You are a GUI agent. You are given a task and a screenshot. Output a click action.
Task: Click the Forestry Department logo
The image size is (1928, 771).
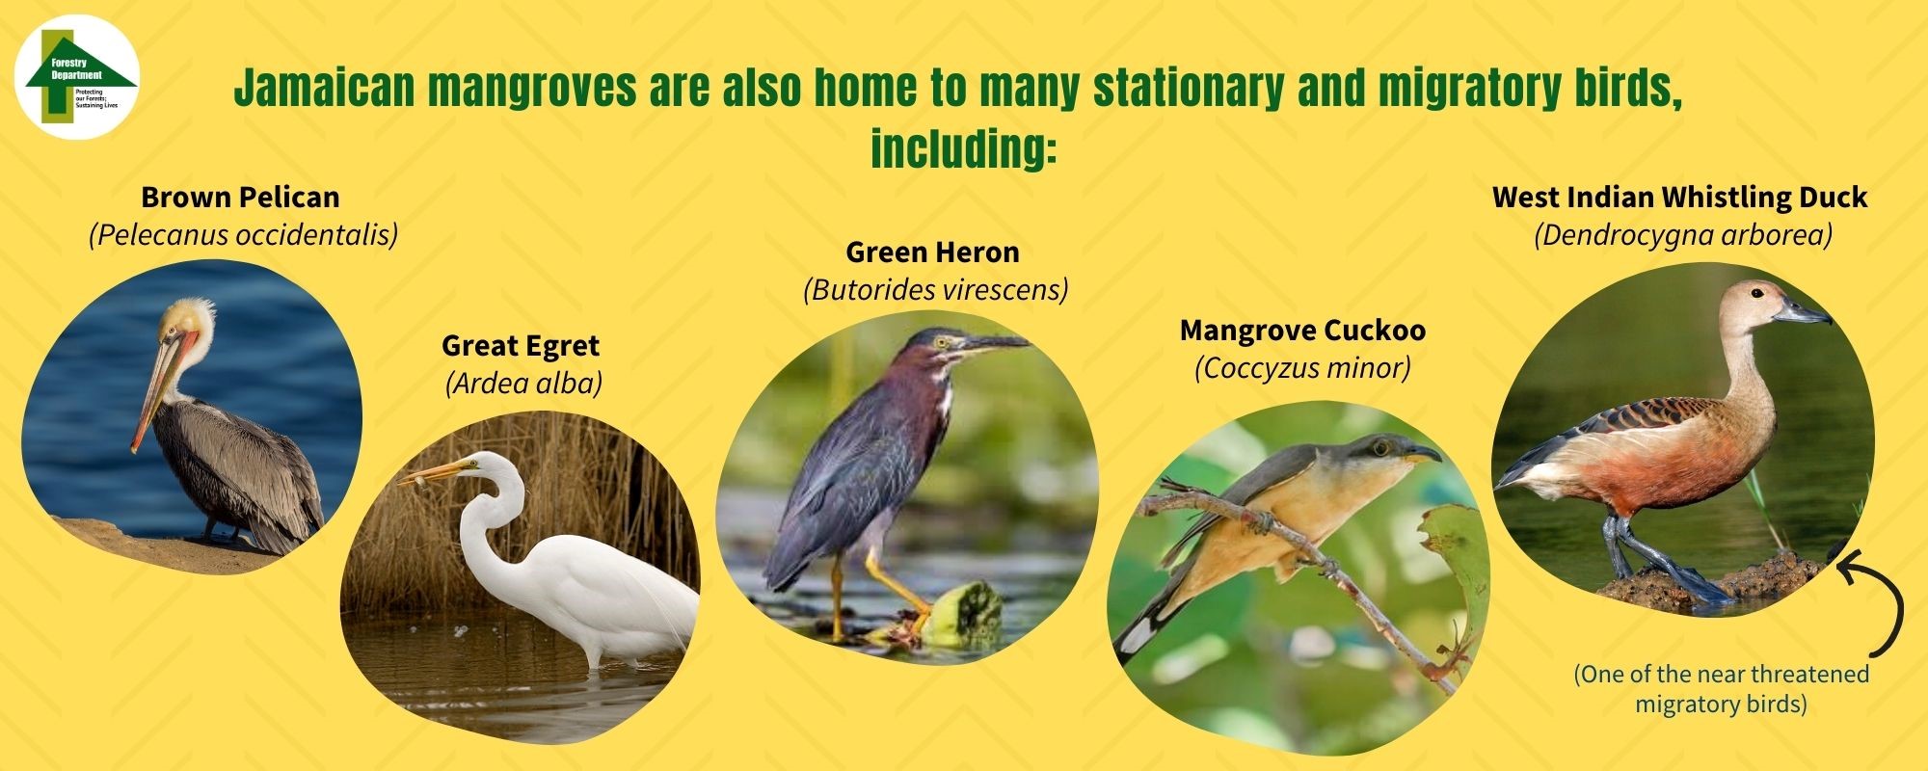[77, 77]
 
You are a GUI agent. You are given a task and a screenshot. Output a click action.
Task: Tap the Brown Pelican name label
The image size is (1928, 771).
[240, 198]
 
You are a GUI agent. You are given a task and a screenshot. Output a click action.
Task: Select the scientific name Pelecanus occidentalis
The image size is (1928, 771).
[243, 235]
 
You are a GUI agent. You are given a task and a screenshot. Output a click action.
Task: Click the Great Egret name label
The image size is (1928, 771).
[521, 346]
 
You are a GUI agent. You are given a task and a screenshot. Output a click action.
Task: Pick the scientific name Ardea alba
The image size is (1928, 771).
[523, 384]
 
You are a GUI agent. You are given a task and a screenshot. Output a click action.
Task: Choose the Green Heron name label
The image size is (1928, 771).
[932, 253]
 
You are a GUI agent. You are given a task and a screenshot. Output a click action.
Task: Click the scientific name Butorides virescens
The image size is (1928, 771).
[935, 290]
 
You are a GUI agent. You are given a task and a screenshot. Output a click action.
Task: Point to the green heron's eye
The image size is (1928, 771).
[942, 341]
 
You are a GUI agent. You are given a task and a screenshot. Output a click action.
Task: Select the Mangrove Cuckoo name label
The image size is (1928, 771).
[1302, 331]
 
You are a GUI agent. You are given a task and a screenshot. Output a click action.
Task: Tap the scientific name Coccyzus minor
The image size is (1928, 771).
[1302, 368]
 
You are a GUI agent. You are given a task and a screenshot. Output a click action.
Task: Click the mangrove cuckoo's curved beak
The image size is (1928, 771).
[1426, 451]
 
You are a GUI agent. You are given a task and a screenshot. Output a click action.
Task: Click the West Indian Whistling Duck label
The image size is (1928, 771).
[1679, 198]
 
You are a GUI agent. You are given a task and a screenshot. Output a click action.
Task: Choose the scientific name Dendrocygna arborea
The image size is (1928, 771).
[1682, 235]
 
